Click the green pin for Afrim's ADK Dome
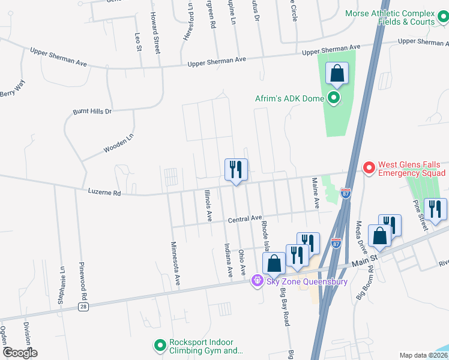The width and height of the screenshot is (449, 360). coord(334,98)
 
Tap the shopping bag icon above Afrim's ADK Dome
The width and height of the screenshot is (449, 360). coord(337,74)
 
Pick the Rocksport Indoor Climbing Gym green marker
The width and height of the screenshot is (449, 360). coord(160,346)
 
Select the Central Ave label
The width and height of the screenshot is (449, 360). coord(245,219)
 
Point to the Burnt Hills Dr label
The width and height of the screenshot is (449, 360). coord(92,112)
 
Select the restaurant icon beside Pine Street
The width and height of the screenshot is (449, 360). coord(435,209)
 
